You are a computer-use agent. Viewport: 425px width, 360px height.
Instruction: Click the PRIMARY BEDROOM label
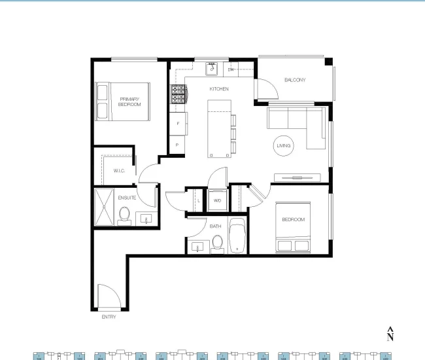129,101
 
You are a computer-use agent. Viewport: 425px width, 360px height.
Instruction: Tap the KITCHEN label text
218,88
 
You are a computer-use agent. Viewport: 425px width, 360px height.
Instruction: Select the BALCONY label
294,80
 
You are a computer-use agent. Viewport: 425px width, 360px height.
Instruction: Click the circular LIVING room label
284,146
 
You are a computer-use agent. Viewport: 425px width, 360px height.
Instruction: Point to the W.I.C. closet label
119,171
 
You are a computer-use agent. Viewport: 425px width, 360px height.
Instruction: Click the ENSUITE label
127,197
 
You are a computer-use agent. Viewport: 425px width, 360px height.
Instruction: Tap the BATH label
215,226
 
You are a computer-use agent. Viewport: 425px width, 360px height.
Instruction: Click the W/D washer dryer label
217,200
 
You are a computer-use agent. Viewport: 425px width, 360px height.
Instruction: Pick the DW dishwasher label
231,69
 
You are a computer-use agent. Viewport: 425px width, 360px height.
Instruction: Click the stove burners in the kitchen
178,96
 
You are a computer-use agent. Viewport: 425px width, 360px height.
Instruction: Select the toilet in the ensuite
124,214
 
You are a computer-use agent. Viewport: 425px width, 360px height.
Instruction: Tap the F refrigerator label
177,123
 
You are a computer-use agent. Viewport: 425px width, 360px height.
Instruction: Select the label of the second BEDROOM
293,220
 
